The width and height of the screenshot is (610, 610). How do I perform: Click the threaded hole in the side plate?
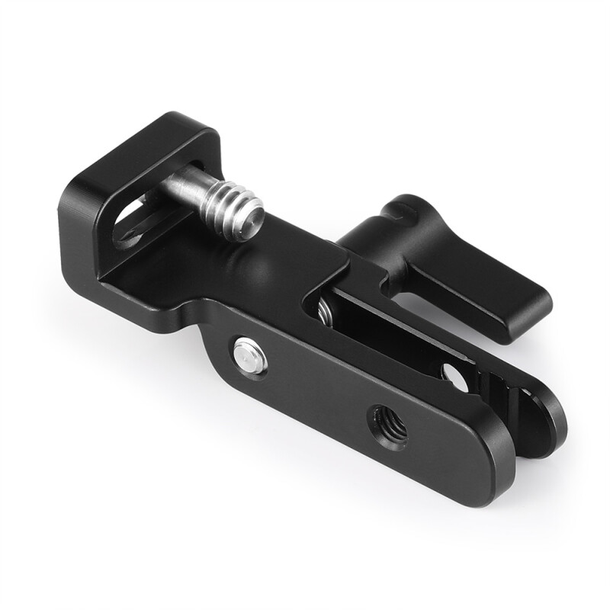pos(388,427)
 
